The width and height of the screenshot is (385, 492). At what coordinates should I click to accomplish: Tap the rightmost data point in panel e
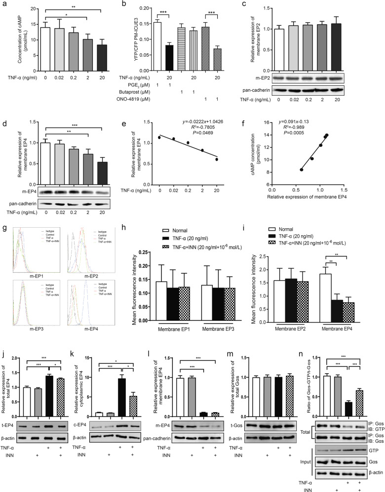tap(216, 159)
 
